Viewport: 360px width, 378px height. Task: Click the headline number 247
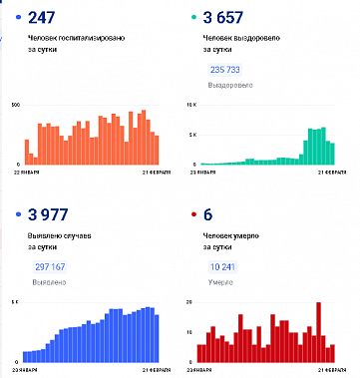41,19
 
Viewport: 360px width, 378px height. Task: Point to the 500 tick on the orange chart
14,104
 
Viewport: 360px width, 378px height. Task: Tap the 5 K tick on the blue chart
14,300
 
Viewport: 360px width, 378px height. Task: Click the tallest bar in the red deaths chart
318,330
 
